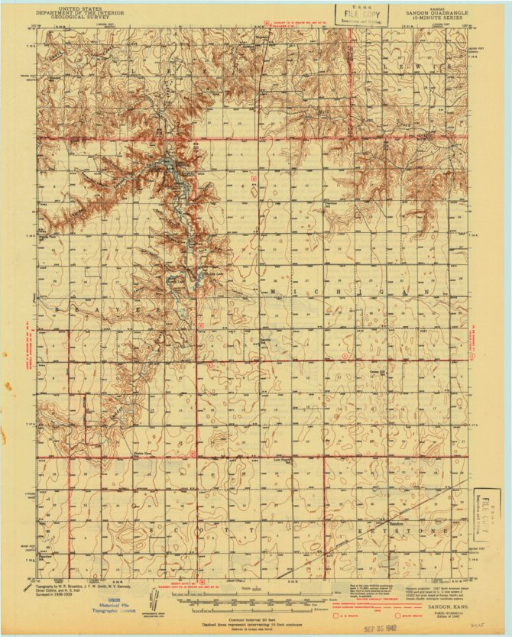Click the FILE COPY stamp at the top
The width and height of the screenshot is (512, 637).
click(361, 14)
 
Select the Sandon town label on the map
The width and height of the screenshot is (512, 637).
click(396, 524)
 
